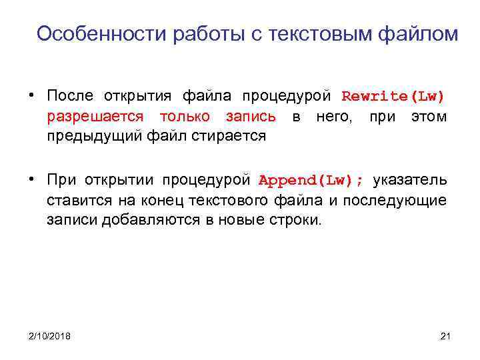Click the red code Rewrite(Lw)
click(x=393, y=97)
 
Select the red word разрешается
click(x=95, y=117)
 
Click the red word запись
click(x=250, y=117)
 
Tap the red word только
click(x=183, y=117)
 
